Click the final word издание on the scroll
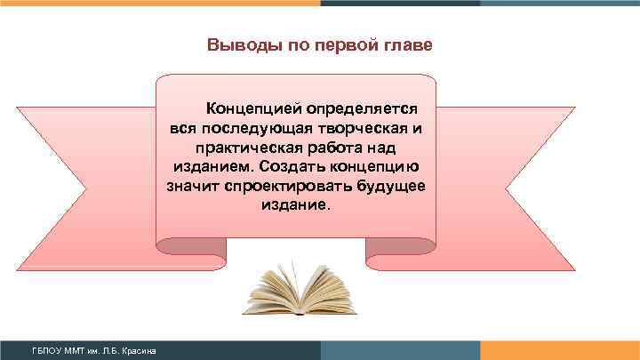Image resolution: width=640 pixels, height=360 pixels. (x=295, y=205)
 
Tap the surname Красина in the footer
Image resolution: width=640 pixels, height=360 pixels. (x=140, y=352)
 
